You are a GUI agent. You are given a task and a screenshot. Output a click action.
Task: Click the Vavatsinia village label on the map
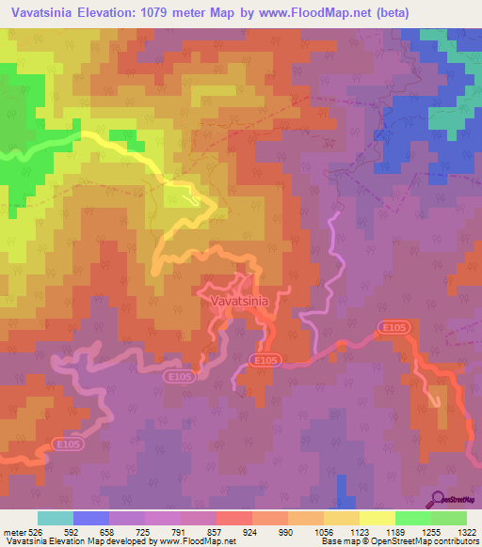[233, 301]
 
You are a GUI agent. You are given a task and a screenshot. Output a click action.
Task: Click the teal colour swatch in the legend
[56, 518]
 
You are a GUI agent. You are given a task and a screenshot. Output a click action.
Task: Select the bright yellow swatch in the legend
[377, 518]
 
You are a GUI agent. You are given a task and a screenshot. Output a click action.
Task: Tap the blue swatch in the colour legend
[91, 518]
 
